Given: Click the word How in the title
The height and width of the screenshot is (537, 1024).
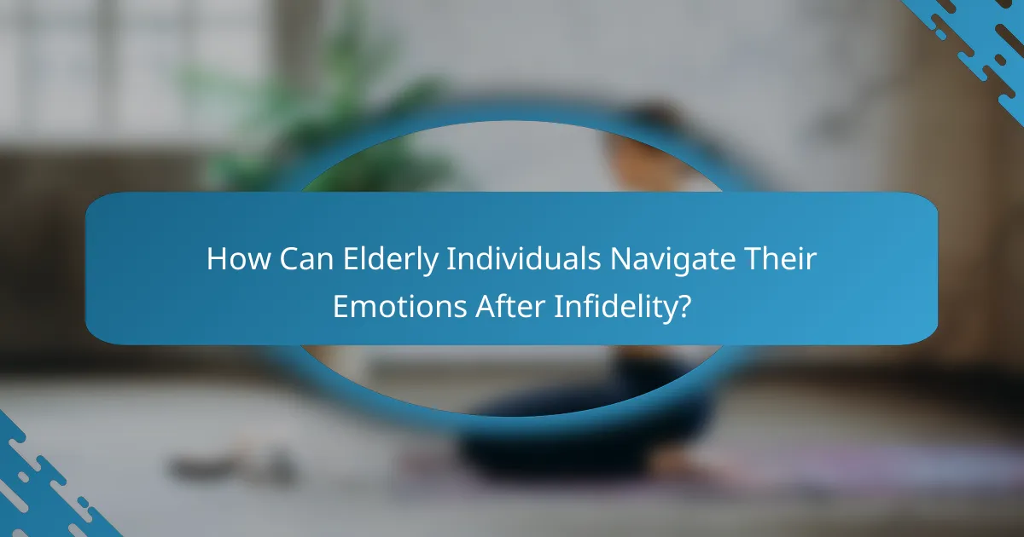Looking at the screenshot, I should tap(234, 258).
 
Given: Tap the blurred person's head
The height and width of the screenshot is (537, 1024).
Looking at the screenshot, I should tap(640, 136).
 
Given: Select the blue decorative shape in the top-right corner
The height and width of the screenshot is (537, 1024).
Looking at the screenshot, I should tap(981, 43).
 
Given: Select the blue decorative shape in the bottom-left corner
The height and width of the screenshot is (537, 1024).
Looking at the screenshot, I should tap(43, 486).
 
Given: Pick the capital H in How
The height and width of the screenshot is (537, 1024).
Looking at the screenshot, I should tap(216, 258).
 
